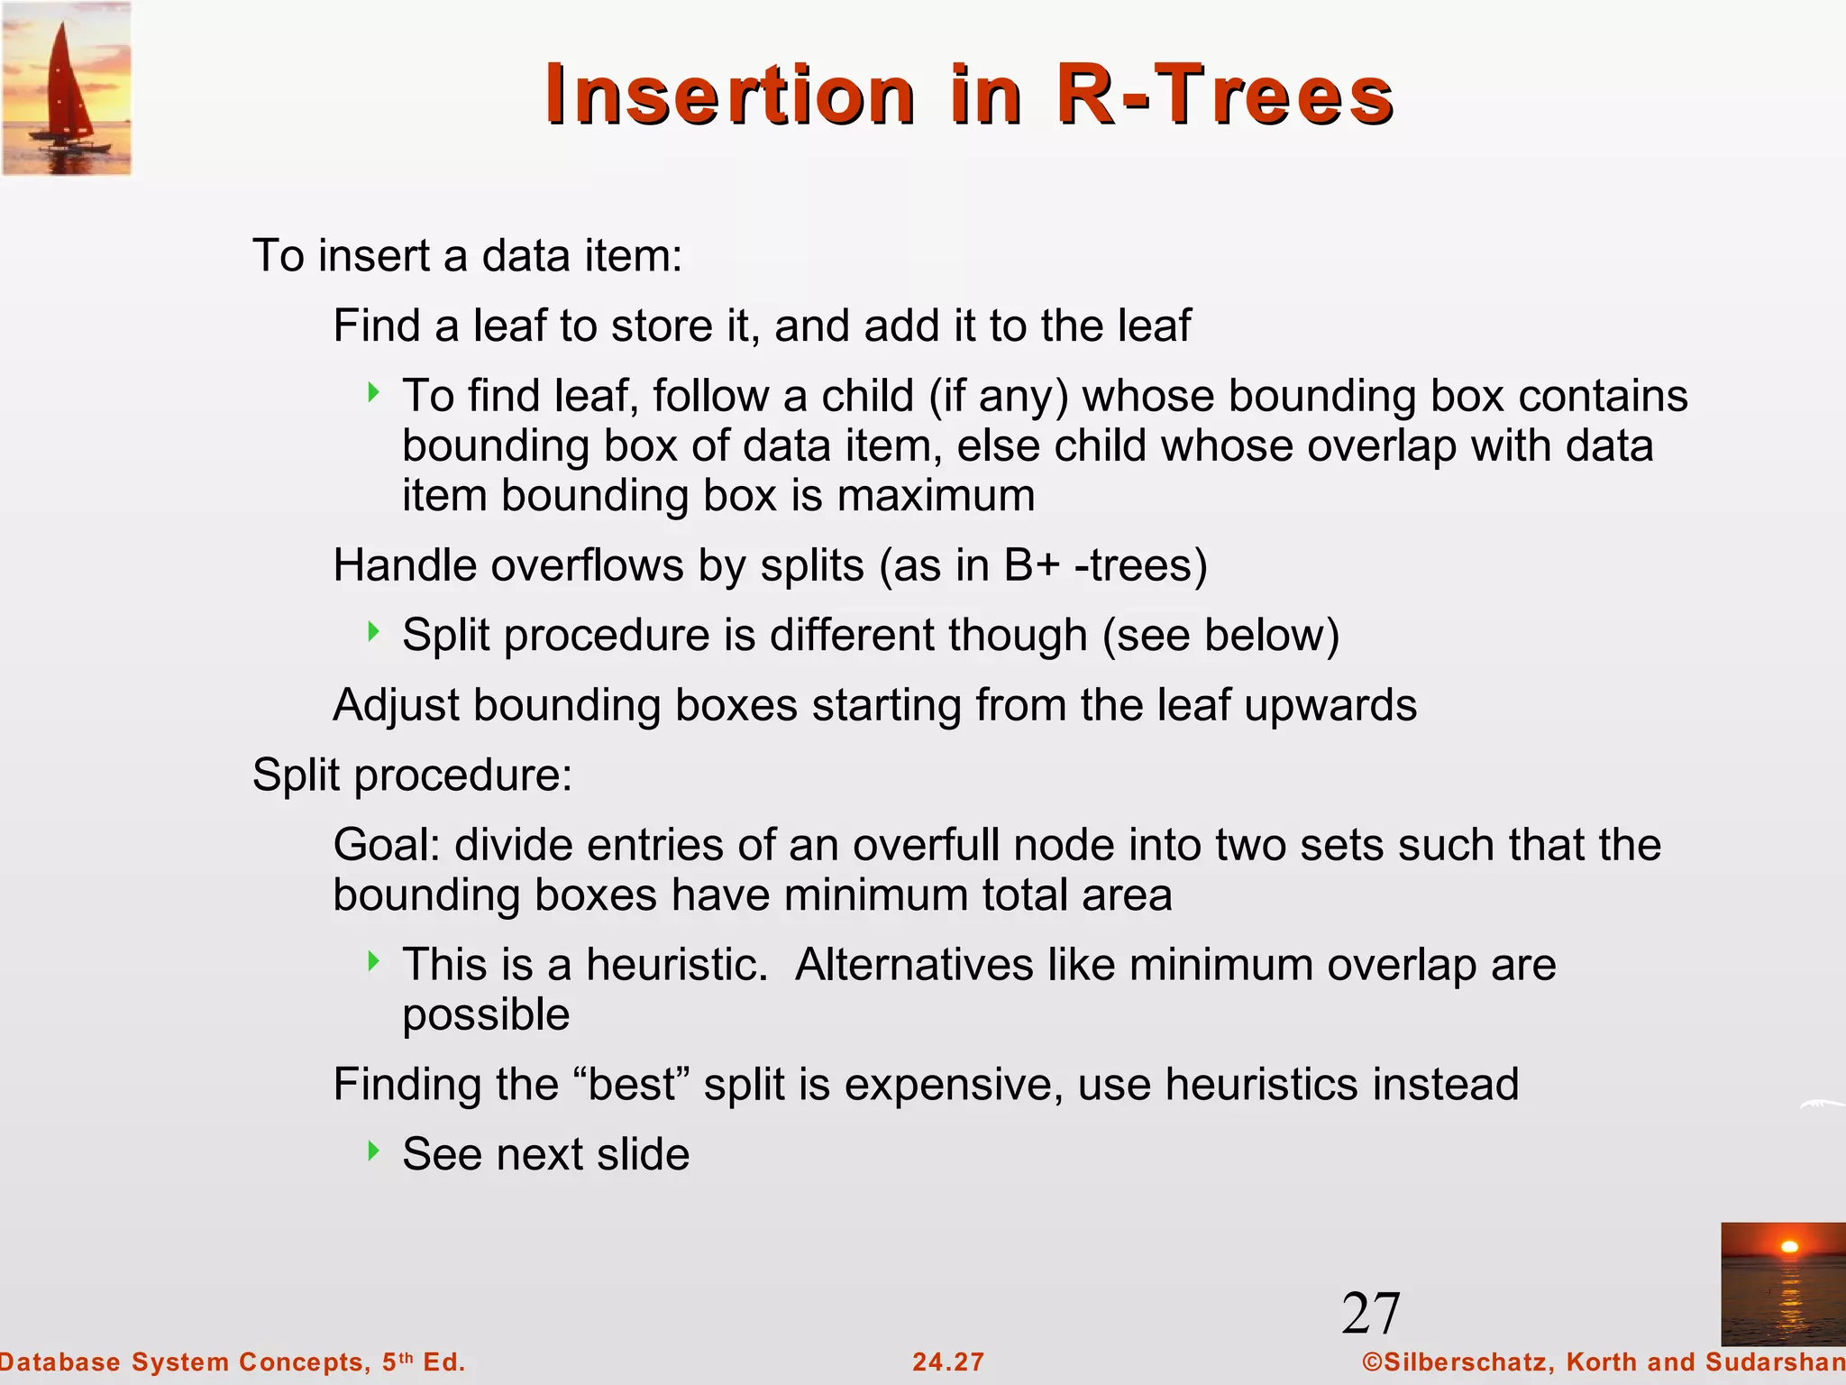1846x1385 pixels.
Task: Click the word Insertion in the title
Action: pos(730,95)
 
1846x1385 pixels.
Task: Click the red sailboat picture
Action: pos(67,88)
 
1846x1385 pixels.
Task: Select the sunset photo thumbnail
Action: pos(1782,1284)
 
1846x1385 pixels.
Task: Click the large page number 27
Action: pos(1370,1313)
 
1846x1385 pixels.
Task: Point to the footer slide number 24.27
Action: pos(947,1362)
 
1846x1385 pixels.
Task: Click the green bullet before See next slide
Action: pos(374,1151)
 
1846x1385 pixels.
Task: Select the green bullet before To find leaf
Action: pos(374,392)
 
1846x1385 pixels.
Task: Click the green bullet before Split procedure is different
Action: pos(374,631)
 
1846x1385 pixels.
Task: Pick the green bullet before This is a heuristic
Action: pos(374,961)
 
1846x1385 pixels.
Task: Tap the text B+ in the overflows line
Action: pos(1031,566)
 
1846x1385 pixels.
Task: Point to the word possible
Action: pos(486,1015)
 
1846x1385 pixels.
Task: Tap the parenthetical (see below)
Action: pos(1221,635)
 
